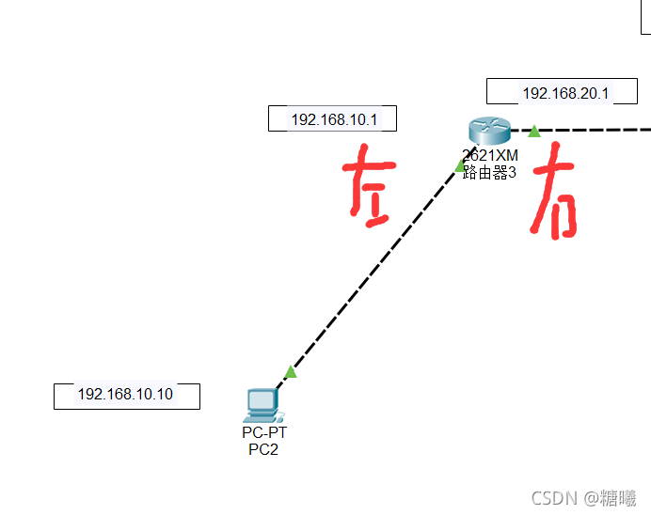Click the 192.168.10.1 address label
click(x=332, y=119)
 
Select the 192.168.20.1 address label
click(x=565, y=93)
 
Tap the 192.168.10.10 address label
click(x=126, y=395)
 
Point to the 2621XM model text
click(x=489, y=156)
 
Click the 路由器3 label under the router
click(x=489, y=172)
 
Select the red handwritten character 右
click(x=553, y=194)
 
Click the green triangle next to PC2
click(x=291, y=372)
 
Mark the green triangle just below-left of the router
click(x=461, y=166)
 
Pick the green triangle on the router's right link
click(x=534, y=131)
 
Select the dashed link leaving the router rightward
click(x=593, y=130)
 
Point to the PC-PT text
click(x=264, y=433)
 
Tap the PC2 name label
click(x=263, y=449)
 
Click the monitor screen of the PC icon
click(x=260, y=400)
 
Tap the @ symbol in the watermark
click(x=590, y=497)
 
